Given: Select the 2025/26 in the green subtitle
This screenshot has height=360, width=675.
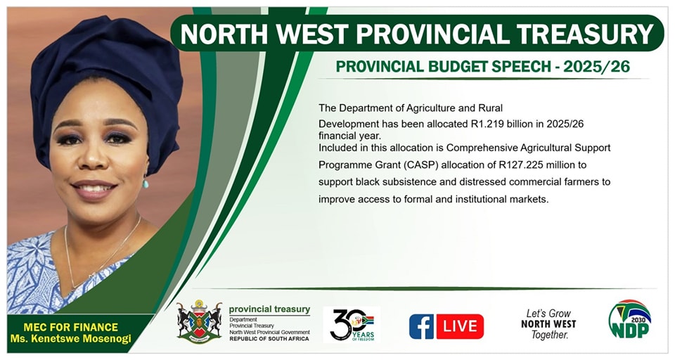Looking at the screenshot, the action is (596, 66).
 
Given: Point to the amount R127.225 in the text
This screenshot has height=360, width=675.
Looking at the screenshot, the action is (523, 165).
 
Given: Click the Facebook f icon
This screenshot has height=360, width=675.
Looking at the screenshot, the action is (421, 326).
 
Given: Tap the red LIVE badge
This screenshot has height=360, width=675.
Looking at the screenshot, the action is (460, 326).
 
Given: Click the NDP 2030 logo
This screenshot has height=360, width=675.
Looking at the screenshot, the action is (630, 319).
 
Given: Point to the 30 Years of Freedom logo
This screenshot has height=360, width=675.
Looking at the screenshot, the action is (352, 325).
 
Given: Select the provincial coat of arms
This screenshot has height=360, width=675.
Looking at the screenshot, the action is (199, 321).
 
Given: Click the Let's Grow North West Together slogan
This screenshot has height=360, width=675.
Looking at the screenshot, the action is (548, 324).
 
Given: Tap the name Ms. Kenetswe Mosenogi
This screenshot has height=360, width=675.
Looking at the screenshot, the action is (70, 338).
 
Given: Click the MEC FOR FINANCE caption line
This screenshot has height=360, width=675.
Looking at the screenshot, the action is (70, 327).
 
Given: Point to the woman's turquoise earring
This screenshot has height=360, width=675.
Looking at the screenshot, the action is (146, 184).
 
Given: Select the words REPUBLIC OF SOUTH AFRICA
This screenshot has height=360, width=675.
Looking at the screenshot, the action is (269, 339).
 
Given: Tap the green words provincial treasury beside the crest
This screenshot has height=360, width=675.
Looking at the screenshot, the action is (269, 309).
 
